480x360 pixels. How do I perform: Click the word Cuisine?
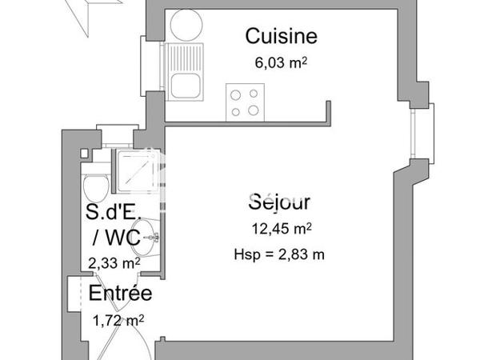281,36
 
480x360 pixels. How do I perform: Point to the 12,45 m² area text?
280,230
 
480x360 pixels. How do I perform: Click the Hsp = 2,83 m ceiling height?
280,255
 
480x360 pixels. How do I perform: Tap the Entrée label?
120,294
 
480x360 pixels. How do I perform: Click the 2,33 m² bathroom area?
114,261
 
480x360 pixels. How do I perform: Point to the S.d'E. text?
114,212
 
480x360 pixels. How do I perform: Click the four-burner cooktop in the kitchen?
245,102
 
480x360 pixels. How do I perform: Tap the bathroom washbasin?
151,237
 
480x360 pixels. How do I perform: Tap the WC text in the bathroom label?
120,237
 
